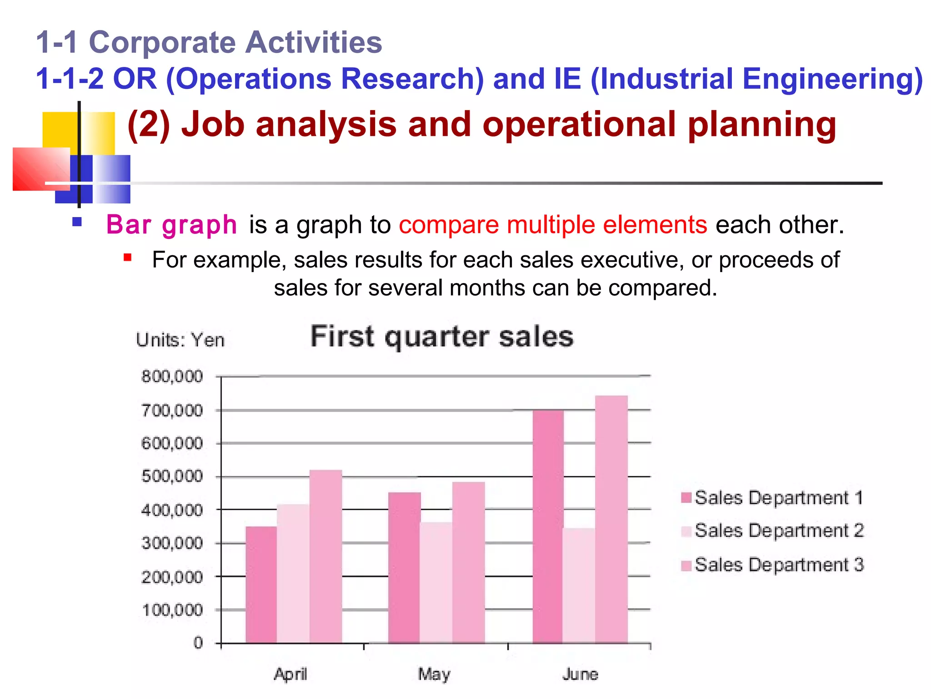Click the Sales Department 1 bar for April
point(261,585)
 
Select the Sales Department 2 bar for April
point(293,573)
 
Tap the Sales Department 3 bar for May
point(468,562)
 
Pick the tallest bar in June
point(611,519)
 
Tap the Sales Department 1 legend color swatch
point(686,497)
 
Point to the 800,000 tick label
point(172,376)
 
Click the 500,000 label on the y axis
point(172,476)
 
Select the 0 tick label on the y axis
point(198,643)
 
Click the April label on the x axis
point(290,674)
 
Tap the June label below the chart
point(580,674)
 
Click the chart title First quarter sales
point(442,337)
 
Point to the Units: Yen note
point(180,340)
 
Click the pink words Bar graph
point(171,225)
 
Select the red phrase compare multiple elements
point(553,225)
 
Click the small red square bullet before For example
point(128,258)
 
